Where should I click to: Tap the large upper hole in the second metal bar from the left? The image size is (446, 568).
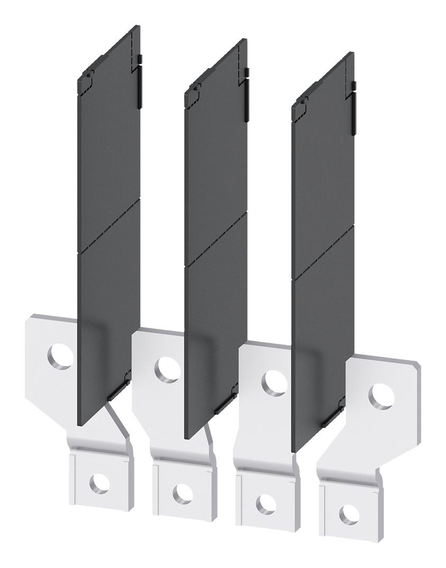point(168,368)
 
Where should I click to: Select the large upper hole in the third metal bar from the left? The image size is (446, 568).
point(275,381)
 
